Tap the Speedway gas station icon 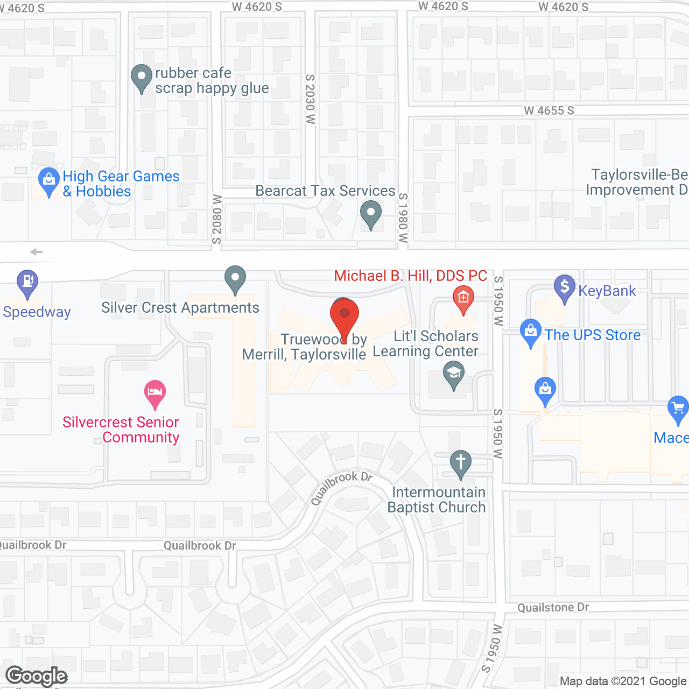click(27, 283)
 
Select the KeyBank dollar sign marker click(564, 288)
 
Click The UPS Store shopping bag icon click(531, 332)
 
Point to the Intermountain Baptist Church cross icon click(460, 463)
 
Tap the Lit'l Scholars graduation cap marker click(454, 374)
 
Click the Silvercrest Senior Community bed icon click(155, 392)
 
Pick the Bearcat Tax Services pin click(370, 214)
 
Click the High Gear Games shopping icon click(49, 180)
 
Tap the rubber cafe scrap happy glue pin click(142, 78)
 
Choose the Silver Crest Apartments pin click(235, 279)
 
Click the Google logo click(37, 676)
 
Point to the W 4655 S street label click(549, 111)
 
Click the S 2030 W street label click(310, 100)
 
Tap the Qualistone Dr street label click(553, 608)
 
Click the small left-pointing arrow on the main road click(36, 252)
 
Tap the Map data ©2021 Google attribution click(623, 681)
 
